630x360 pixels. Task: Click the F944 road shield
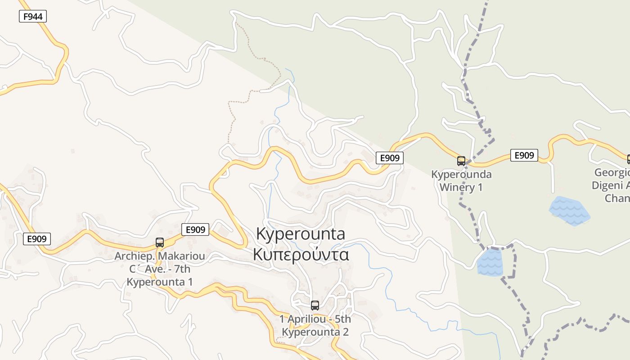pyautogui.click(x=33, y=17)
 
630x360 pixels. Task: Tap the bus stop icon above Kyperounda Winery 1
pyautogui.click(x=461, y=161)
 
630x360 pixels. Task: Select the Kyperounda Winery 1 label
pyautogui.click(x=461, y=180)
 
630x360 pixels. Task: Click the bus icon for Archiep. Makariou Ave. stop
pyautogui.click(x=159, y=242)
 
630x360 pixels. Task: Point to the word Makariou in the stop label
pyautogui.click(x=183, y=256)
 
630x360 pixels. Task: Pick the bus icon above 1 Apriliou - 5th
pyautogui.click(x=315, y=305)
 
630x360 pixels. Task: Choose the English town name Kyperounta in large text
pyautogui.click(x=301, y=234)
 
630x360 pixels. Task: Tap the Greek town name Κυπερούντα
pyautogui.click(x=301, y=254)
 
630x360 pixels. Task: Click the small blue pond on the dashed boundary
pyautogui.click(x=490, y=262)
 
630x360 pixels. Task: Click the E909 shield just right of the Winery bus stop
pyautogui.click(x=524, y=155)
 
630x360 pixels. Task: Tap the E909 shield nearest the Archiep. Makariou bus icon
pyautogui.click(x=195, y=229)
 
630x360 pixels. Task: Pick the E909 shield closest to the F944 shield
pyautogui.click(x=37, y=238)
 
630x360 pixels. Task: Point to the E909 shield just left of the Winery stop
pyautogui.click(x=390, y=157)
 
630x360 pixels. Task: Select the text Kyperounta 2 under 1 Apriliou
pyautogui.click(x=315, y=332)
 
